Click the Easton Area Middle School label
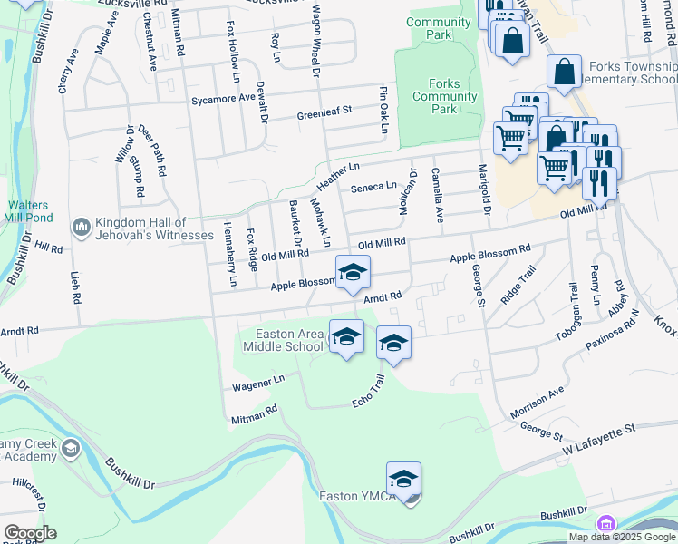point(289,340)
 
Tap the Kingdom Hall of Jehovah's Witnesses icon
point(82,224)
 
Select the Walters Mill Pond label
point(28,211)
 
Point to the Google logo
point(30,533)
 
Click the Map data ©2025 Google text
point(622,537)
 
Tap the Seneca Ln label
point(378,186)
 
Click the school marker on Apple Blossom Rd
point(353,270)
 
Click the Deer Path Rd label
point(152,151)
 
